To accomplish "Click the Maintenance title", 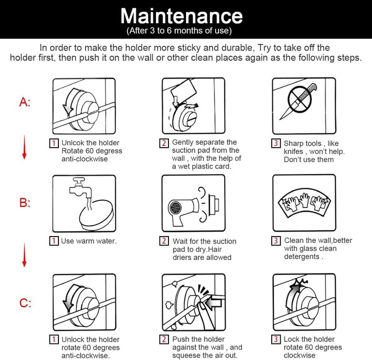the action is point(181,16).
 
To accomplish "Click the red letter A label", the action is point(25,102).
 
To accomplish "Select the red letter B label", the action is point(25,203).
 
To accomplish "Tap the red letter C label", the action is point(25,303).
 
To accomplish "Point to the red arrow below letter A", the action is point(24,147).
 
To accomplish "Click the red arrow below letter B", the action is point(24,255).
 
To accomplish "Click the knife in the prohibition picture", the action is point(298,101).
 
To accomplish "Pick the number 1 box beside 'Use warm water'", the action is point(54,241).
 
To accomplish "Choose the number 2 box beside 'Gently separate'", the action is point(164,143).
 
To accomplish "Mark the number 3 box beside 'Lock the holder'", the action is point(276,339).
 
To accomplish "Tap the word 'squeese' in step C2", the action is point(187,355).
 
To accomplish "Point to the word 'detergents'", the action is point(302,257).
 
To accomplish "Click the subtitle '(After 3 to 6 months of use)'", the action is point(179,30).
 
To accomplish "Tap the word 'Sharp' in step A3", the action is point(292,144).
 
